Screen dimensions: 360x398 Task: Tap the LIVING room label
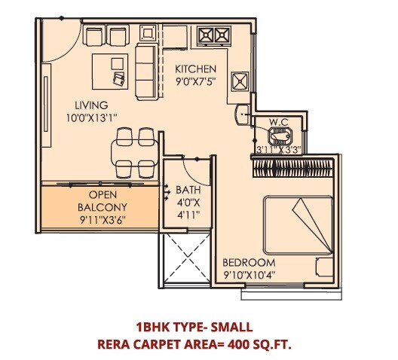coord(90,105)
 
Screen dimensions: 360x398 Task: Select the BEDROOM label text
coord(250,262)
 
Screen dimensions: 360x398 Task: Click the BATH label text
coord(188,191)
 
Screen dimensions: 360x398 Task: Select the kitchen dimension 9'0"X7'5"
coord(196,81)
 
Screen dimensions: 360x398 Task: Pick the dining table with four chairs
coord(136,151)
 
